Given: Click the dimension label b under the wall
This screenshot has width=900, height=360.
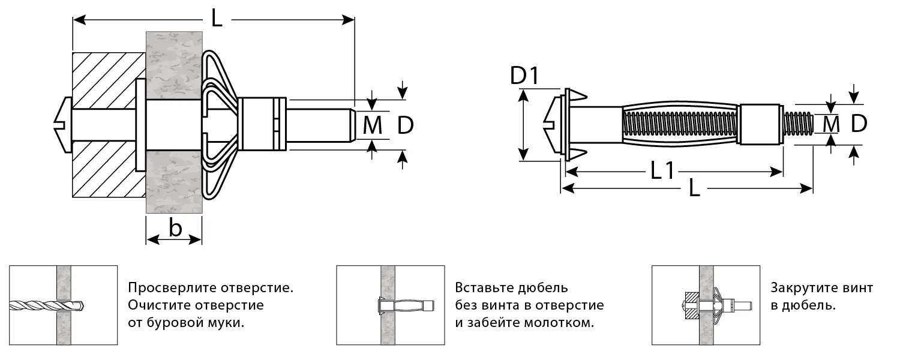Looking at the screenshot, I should click(175, 229).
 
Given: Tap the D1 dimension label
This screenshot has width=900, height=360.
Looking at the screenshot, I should click(524, 76).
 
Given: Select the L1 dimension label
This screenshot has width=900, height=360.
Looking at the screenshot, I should click(663, 172).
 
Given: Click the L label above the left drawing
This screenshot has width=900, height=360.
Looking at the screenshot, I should click(217, 19).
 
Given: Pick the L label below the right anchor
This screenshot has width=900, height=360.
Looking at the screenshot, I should click(694, 189).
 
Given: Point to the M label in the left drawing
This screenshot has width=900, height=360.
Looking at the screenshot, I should click(373, 125).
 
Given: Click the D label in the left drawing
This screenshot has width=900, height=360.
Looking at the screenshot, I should click(406, 125).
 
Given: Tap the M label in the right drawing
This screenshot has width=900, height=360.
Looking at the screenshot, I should click(831, 124).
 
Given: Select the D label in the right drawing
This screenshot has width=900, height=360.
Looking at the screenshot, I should click(859, 124).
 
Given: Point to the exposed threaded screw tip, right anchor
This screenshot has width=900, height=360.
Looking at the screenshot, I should click(798, 125).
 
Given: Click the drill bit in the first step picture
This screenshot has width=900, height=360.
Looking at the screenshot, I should click(45, 305).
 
